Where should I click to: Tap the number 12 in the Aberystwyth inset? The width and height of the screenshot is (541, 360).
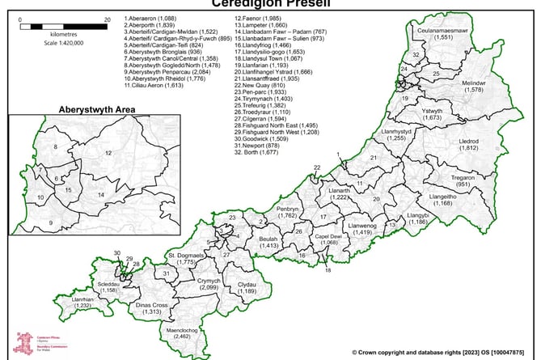(x=108, y=151)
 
